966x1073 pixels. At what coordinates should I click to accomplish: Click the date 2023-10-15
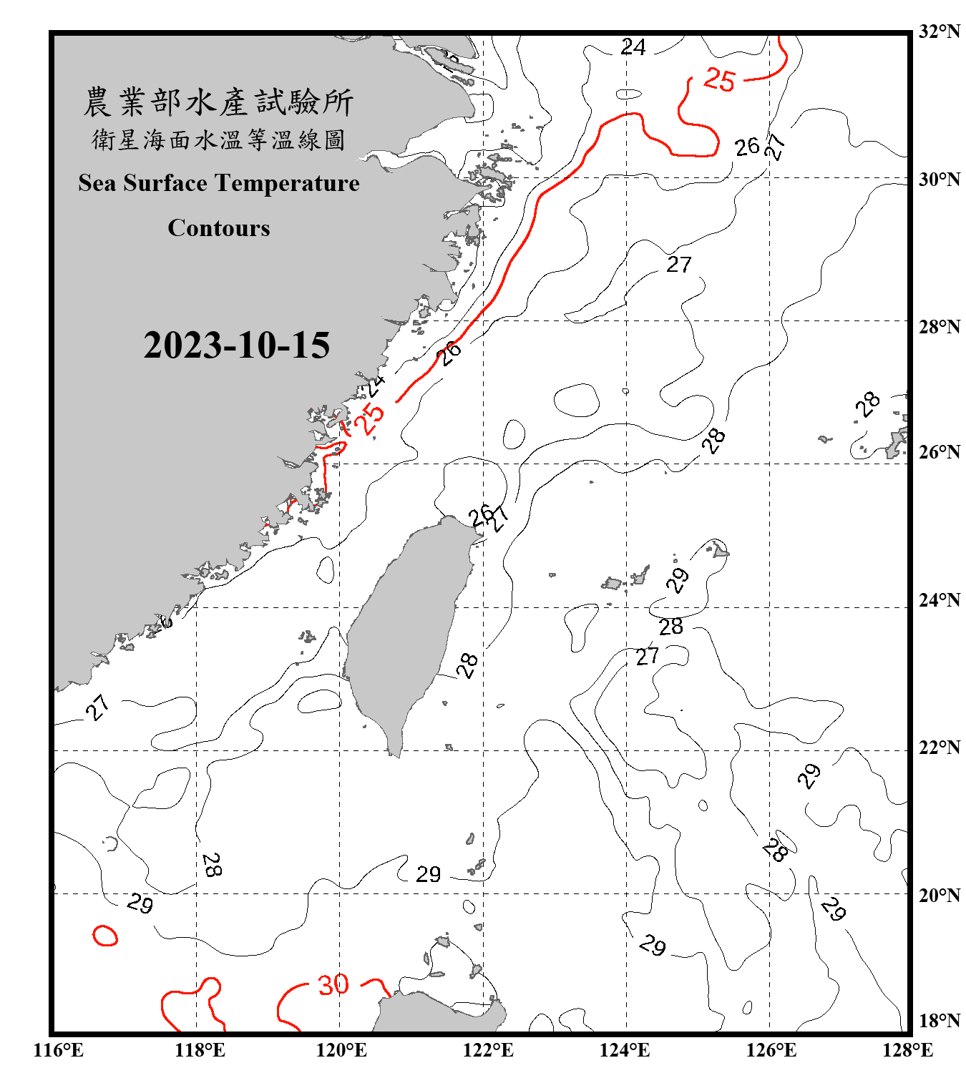236,346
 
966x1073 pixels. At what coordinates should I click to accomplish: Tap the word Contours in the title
219,228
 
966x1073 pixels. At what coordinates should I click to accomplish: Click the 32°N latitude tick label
939,31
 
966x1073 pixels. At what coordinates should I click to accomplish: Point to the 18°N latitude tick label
939,1021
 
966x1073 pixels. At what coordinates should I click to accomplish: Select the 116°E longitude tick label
58,1050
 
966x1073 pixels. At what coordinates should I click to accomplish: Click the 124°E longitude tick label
625,1050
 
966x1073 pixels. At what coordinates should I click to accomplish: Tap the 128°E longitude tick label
907,1050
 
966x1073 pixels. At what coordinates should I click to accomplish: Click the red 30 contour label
333,985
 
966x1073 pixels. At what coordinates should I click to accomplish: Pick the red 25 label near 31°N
719,79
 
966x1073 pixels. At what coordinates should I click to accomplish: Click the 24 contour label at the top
633,47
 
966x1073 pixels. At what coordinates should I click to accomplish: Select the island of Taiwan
408,629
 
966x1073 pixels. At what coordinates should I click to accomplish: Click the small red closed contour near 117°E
104,935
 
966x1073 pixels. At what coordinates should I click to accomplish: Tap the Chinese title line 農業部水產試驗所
218,102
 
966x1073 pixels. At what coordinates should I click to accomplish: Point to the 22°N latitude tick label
939,748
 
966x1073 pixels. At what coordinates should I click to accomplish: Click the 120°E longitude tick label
341,1050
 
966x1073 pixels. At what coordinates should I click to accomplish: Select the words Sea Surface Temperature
219,183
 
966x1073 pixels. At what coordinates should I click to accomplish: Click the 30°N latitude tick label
939,180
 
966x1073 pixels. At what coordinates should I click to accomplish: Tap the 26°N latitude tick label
939,452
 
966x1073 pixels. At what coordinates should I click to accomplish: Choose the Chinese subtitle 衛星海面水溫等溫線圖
218,139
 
